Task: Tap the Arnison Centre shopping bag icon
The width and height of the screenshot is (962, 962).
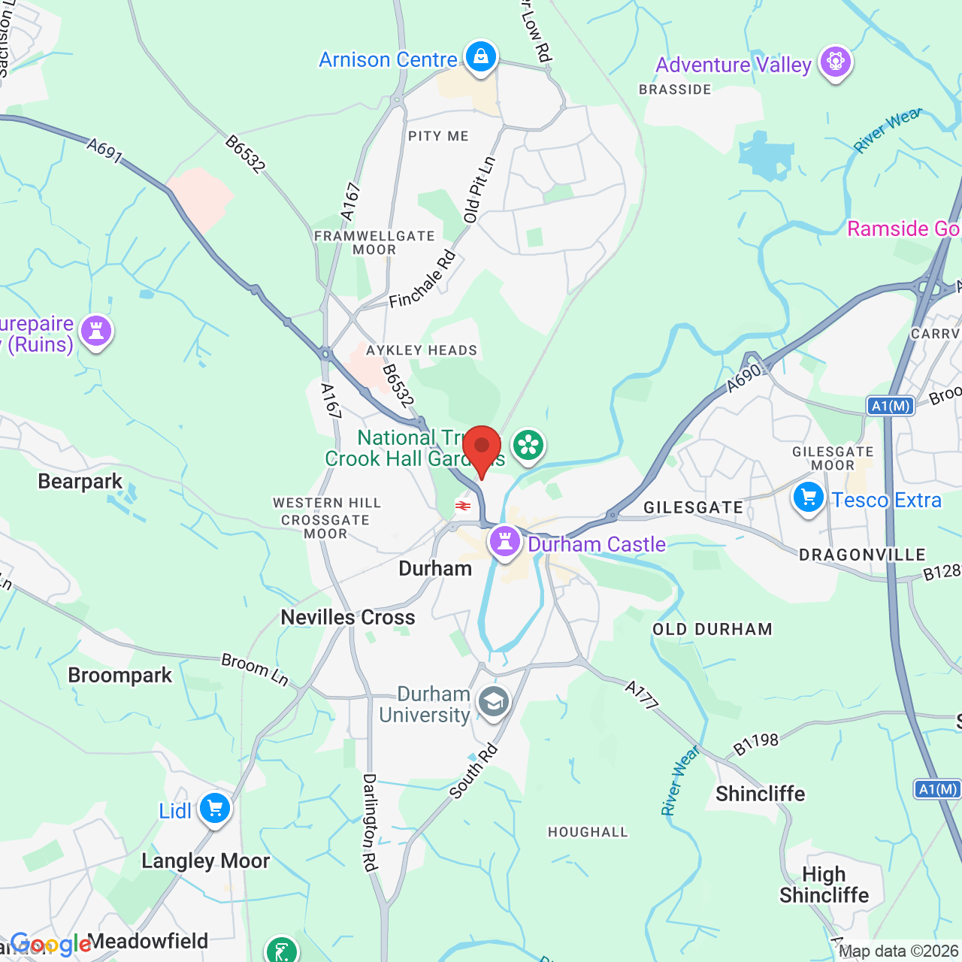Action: point(480,57)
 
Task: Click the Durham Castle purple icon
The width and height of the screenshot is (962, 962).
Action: point(504,541)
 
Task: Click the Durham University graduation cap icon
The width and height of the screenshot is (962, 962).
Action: point(493,703)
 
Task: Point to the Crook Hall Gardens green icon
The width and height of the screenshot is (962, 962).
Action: point(528,446)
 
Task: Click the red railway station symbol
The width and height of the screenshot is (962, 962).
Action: point(463,506)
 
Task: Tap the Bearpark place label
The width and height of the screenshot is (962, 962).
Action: point(80,481)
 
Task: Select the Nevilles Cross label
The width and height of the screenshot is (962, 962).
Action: point(347,617)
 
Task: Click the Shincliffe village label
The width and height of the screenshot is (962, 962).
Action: point(760,794)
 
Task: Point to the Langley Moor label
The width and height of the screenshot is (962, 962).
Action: point(205,861)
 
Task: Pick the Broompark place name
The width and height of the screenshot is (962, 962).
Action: point(120,675)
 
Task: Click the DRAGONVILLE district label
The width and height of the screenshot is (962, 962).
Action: point(862,555)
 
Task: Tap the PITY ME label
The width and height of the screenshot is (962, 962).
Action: point(438,136)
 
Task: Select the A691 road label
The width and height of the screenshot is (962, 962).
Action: point(104,150)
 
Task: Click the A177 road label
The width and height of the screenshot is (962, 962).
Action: point(643,694)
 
